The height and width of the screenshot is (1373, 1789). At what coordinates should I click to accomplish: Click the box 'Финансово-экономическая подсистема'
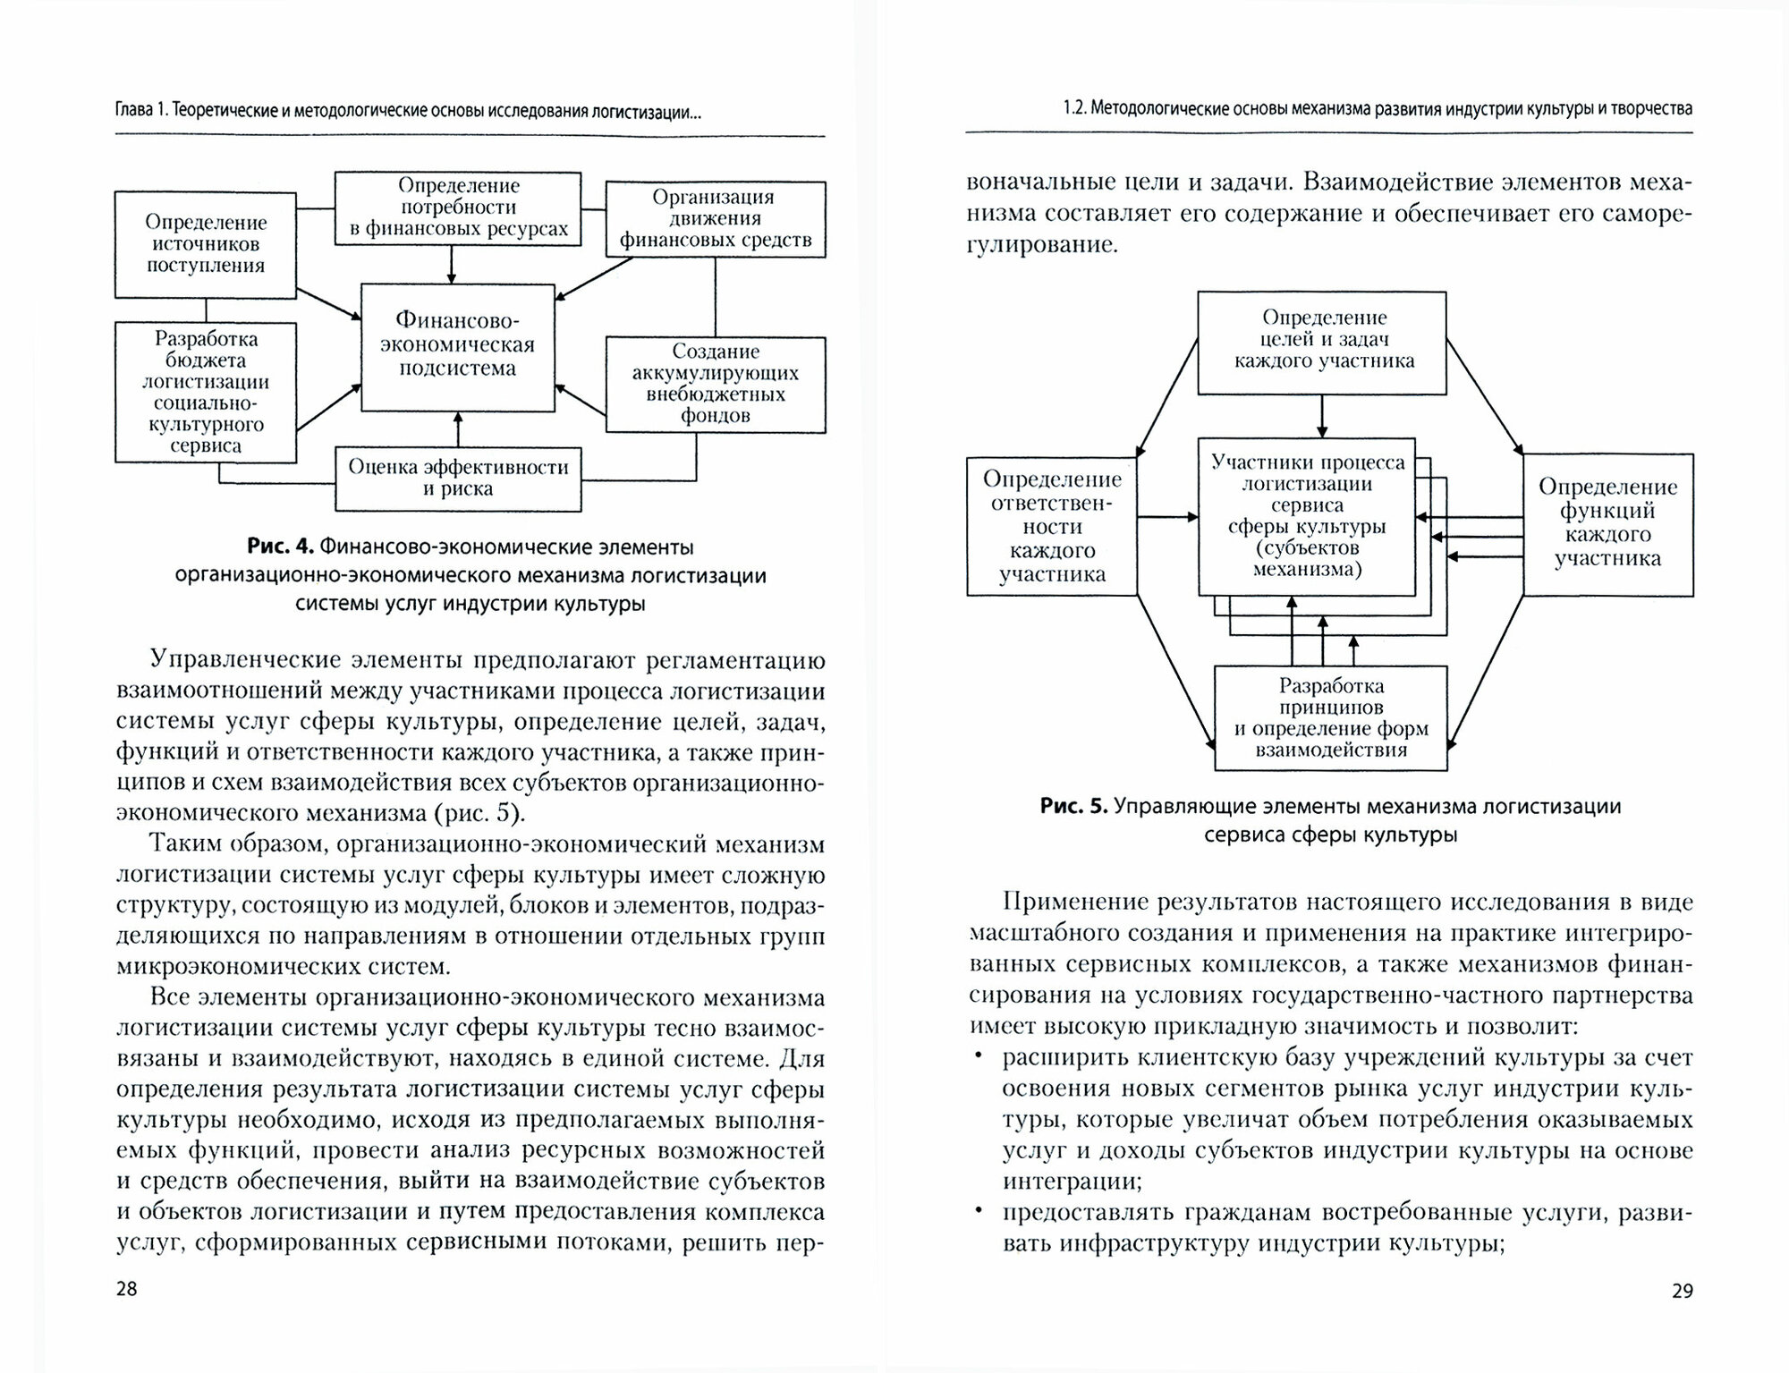click(x=457, y=347)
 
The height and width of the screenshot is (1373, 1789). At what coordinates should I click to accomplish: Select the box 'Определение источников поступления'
click(x=205, y=244)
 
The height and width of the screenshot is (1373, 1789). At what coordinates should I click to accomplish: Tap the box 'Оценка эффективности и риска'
click(x=458, y=479)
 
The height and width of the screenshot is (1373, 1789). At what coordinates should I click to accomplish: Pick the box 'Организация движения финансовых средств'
click(x=715, y=219)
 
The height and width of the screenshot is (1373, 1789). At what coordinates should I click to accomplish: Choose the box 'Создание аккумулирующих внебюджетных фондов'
click(x=715, y=384)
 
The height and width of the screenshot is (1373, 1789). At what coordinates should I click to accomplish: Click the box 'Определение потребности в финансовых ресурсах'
click(x=458, y=208)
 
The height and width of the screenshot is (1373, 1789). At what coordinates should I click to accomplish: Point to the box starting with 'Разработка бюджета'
click(x=205, y=392)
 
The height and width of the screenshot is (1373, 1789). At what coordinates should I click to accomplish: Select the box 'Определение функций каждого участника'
click(x=1607, y=523)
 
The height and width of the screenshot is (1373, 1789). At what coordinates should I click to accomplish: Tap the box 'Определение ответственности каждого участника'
click(x=1051, y=526)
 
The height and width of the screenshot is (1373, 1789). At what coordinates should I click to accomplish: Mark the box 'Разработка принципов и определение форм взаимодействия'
click(x=1330, y=717)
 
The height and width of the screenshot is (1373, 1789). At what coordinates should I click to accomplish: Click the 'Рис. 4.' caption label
click(x=281, y=547)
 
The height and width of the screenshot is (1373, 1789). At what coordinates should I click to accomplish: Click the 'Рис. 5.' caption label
click(x=1073, y=807)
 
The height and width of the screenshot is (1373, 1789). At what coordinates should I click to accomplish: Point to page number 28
click(x=127, y=1289)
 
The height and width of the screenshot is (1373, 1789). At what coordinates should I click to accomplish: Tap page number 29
click(x=1682, y=1291)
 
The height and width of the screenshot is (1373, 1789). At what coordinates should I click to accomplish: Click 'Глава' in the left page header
click(x=135, y=111)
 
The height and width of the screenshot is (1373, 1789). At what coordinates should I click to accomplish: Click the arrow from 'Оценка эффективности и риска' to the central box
click(x=458, y=429)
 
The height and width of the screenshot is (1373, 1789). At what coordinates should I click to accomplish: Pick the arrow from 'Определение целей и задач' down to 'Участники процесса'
click(x=1322, y=416)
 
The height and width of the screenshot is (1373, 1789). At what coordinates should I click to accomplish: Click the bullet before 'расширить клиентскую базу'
click(x=979, y=1057)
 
